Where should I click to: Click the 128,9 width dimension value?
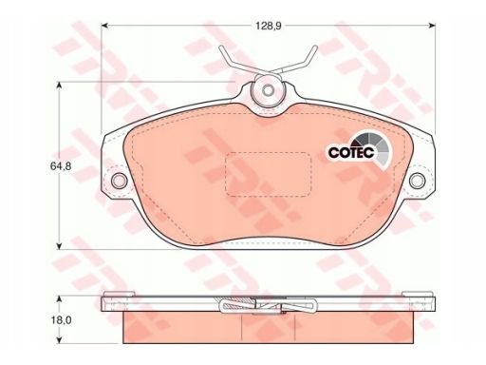tap(269, 26)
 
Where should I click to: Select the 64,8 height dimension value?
tap(61, 166)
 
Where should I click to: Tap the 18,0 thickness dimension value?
tap(62, 320)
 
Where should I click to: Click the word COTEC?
tap(351, 152)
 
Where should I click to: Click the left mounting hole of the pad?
tap(120, 181)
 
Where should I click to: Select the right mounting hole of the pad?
tap(418, 181)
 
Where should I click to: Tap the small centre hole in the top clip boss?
tap(269, 90)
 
